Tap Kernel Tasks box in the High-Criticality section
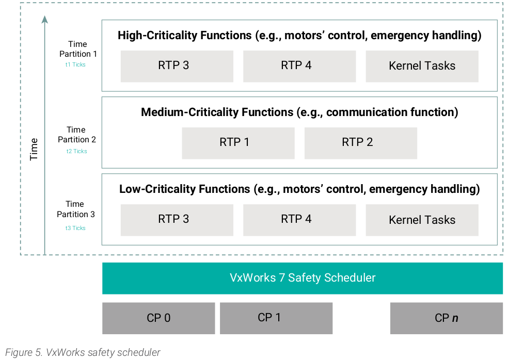point(422,66)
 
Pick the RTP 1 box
point(238,143)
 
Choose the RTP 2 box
point(360,143)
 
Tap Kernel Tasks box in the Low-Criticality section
point(422,220)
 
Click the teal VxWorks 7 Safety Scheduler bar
point(303,278)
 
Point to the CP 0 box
point(158,318)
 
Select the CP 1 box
point(276,318)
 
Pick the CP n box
point(446,318)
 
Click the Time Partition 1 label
point(77,49)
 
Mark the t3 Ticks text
point(75,228)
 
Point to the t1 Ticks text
point(75,65)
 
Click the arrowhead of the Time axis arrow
point(45,20)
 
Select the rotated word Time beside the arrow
point(34,149)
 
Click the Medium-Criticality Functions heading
point(299,112)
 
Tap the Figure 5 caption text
point(83,353)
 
